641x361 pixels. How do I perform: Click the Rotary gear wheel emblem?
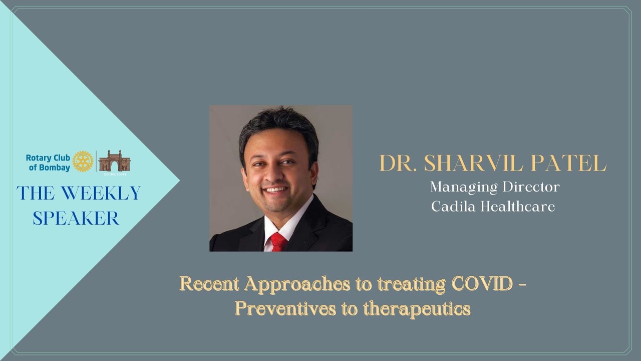(83, 161)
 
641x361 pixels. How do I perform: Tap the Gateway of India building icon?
(114, 161)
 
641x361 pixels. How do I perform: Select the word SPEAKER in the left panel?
(76, 218)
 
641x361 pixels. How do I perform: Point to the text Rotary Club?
(48, 157)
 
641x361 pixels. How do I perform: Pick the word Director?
(529, 187)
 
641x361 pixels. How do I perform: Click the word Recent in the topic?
(209, 284)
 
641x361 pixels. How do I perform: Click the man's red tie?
(278, 242)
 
